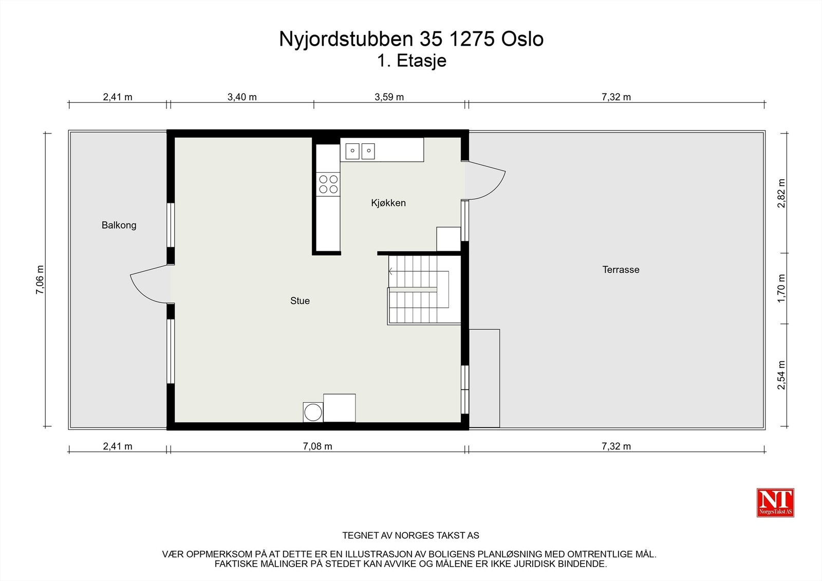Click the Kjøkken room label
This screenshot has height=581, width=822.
point(388,203)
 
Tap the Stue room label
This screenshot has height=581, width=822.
point(300,301)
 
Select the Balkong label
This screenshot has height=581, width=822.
point(119,225)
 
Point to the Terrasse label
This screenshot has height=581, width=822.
point(621,270)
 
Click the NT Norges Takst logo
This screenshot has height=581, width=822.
point(775,502)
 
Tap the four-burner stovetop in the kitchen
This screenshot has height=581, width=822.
point(328,184)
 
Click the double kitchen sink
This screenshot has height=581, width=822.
point(360,151)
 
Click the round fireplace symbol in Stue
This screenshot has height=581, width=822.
point(312,412)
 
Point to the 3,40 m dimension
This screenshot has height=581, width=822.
point(242,97)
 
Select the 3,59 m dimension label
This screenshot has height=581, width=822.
point(389,97)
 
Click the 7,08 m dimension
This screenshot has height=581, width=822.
point(317,446)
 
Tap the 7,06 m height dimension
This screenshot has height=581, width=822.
point(40,279)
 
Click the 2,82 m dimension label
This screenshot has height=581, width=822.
point(781,193)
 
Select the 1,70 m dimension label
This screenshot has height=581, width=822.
point(781,288)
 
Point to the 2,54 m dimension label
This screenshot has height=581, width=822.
point(781,375)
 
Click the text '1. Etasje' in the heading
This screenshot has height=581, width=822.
point(412,61)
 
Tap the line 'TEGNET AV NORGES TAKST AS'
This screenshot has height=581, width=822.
point(410,535)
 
